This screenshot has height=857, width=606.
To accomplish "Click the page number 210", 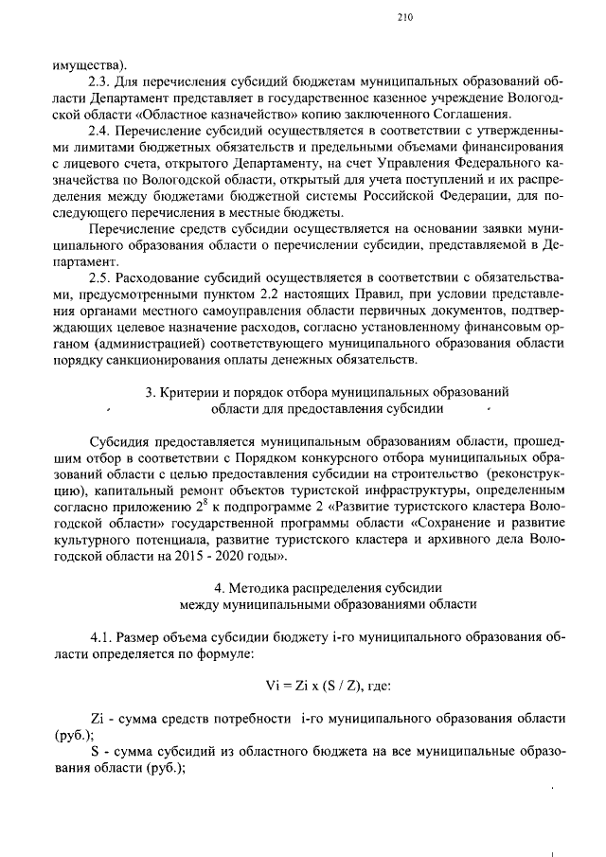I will coord(405,16).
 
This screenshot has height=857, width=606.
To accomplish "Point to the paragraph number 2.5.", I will coord(100,278).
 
